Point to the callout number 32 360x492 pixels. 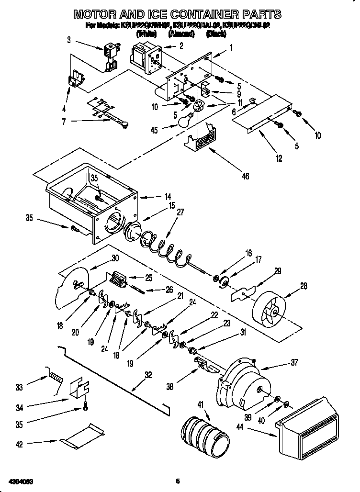click(148, 375)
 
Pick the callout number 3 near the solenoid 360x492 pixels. click(69, 40)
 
